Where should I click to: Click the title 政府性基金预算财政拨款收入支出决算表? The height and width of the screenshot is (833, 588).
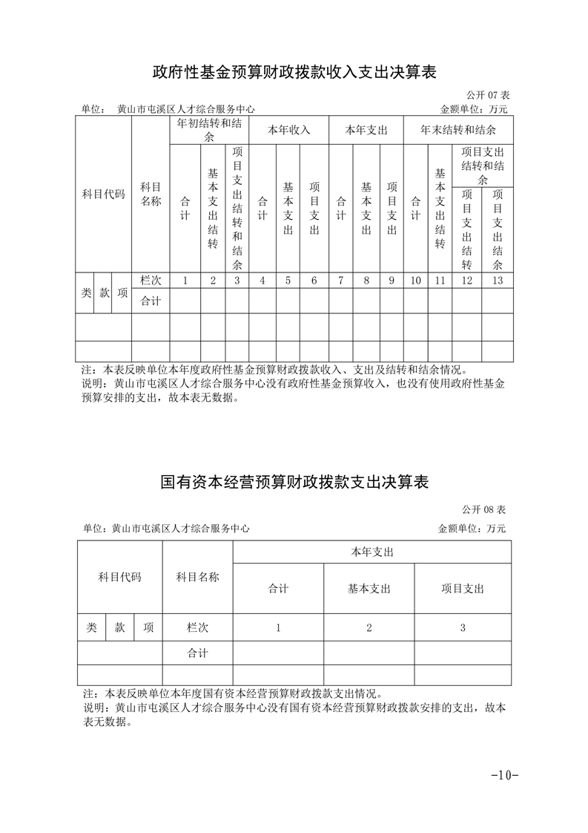point(294,72)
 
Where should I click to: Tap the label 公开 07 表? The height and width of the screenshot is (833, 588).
point(488,96)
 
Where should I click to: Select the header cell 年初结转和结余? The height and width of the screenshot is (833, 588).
point(209,130)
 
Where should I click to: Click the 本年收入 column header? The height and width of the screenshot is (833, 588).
point(288,130)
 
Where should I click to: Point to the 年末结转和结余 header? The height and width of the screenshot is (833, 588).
point(458,130)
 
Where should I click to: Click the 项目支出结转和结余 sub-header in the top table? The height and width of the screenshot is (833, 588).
point(482,166)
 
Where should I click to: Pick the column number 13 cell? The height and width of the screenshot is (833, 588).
point(497,281)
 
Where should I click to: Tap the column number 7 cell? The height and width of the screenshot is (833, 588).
point(340,281)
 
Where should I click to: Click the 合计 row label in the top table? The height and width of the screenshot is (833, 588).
point(151,301)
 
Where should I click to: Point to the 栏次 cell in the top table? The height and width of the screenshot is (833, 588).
point(151,281)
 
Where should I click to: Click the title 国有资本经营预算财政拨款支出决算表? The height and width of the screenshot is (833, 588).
point(294,482)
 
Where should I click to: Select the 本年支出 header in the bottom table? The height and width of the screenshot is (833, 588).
point(371,552)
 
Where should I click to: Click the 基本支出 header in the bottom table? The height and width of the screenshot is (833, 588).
point(369,589)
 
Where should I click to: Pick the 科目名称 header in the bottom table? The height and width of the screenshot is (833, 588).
point(197,577)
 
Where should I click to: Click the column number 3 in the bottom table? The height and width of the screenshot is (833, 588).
point(462,627)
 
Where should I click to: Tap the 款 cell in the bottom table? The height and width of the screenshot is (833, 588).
point(119,627)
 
